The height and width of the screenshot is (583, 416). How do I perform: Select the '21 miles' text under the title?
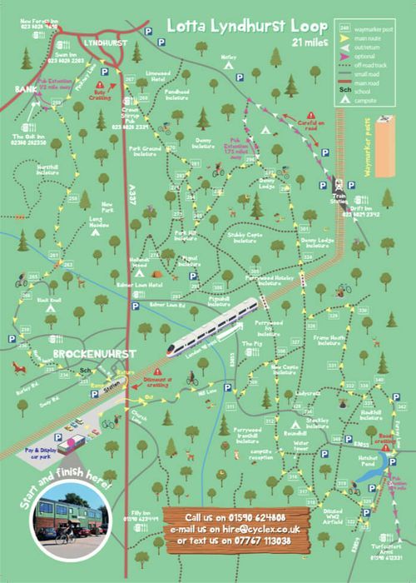tap(309, 41)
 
